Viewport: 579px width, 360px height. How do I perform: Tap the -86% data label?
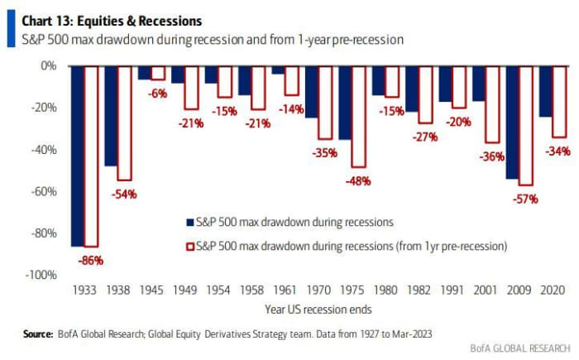pyautogui.click(x=91, y=259)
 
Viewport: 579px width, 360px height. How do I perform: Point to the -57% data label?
pyautogui.click(x=525, y=199)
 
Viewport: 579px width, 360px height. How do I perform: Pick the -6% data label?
pyautogui.click(x=158, y=93)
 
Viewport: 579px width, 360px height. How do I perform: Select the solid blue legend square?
pyautogui.click(x=189, y=221)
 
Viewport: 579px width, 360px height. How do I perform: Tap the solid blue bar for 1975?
pyautogui.click(x=345, y=102)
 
